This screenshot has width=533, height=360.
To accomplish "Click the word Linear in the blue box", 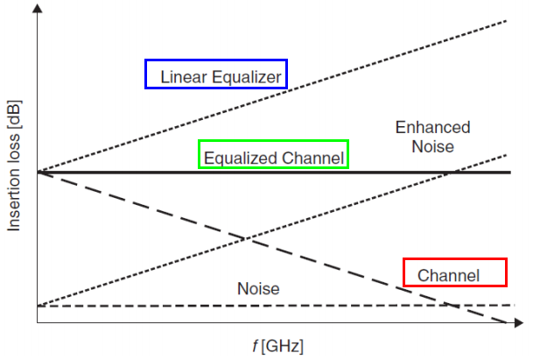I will [x=182, y=77].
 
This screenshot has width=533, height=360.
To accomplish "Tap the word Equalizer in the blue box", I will [x=243, y=77].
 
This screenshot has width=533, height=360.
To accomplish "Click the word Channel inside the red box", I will [x=448, y=276].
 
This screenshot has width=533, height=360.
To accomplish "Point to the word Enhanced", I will [x=432, y=127].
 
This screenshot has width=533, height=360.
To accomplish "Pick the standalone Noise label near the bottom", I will [x=258, y=288].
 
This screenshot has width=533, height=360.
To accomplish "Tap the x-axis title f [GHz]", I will [x=278, y=346].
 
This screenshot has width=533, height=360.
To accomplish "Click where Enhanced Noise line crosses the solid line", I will [x=447, y=172].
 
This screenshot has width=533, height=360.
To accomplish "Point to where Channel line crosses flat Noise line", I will [x=448, y=305].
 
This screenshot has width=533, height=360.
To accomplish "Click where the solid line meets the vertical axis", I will [x=38, y=172].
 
